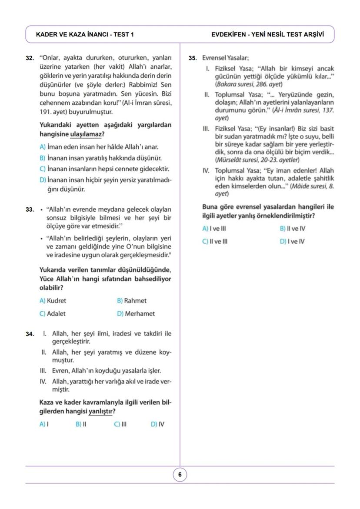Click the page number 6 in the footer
pos(180,475)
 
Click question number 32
pos(30,58)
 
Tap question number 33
pos(30,210)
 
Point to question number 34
pos(30,334)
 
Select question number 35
pos(193,58)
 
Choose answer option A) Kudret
pos(53,301)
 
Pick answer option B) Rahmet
pos(132,301)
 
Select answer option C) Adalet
pos(53,313)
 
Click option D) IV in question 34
pos(157,424)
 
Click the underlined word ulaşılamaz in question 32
pos(86,134)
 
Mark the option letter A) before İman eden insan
pos(43,147)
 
